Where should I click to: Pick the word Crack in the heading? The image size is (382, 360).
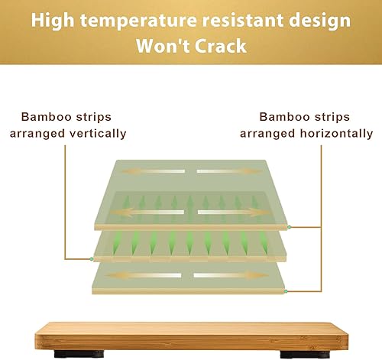tap(222, 46)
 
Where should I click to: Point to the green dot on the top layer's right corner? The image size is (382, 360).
tap(291, 228)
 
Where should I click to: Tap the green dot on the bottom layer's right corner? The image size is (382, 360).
tap(285, 291)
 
